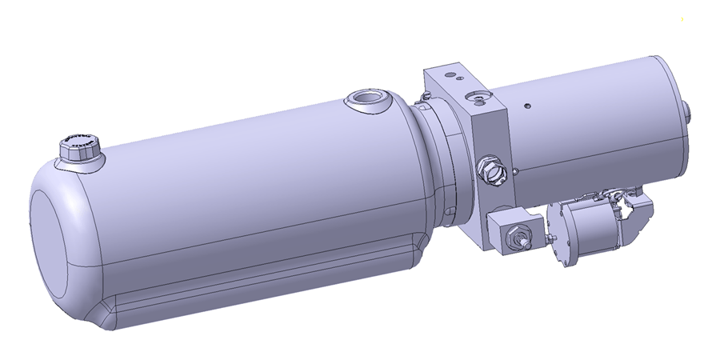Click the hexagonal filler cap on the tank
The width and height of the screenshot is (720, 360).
tap(79, 149)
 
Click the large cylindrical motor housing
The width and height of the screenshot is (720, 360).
tap(592, 120)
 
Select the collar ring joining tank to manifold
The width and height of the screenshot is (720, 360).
tap(438, 160)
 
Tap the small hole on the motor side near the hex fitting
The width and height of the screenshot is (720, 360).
tap(518, 169)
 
